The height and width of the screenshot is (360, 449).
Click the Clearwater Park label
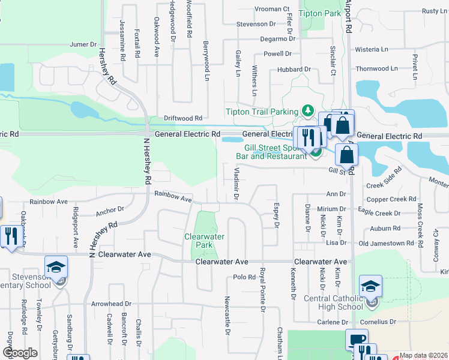[x=205, y=241]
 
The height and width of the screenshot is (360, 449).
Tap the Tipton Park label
[x=319, y=13]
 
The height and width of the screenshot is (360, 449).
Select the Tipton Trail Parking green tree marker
[x=307, y=110]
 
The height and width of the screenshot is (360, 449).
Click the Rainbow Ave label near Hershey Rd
[x=173, y=195]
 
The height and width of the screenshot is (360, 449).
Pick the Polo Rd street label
[x=244, y=277]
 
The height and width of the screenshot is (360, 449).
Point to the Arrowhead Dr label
[x=111, y=304]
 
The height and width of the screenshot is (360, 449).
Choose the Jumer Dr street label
[x=83, y=44]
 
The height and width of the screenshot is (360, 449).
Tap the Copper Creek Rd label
[x=391, y=199]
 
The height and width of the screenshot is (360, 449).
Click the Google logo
[x=20, y=353]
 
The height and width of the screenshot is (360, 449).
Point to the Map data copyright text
[x=424, y=355]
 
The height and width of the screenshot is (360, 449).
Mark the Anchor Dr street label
[x=109, y=209]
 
